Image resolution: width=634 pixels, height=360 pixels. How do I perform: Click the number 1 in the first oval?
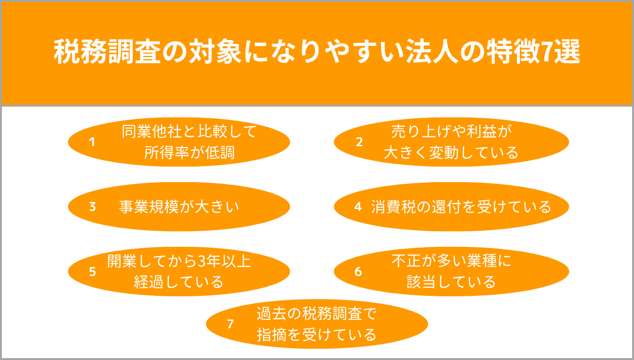[92, 142]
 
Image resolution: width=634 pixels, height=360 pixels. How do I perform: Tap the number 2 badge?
[359, 142]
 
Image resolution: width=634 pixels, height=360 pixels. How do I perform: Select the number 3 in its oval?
[92, 207]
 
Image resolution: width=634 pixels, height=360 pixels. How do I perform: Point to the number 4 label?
[358, 207]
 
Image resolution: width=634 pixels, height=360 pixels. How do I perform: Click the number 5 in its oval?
[92, 271]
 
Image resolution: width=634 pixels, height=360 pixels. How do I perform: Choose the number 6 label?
[358, 271]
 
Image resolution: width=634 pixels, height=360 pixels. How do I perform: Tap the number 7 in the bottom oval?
[230, 324]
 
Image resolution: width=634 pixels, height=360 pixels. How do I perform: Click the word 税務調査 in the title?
[108, 52]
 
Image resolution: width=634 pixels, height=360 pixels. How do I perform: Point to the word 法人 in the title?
[432, 52]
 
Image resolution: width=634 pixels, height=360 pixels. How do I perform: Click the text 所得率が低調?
[189, 153]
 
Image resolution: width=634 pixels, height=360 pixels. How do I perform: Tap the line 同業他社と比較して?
[189, 132]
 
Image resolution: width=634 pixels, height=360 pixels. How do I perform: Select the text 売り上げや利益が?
[452, 132]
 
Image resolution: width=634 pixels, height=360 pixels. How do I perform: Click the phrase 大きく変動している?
[451, 153]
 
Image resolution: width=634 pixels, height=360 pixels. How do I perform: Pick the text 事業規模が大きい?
[179, 207]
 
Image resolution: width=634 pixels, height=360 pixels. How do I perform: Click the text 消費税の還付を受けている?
[461, 207]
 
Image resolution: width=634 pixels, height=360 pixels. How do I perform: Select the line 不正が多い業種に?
[451, 261]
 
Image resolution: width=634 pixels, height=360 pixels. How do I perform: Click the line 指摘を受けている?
[316, 335]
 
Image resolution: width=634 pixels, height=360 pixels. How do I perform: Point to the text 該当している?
[451, 282]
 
